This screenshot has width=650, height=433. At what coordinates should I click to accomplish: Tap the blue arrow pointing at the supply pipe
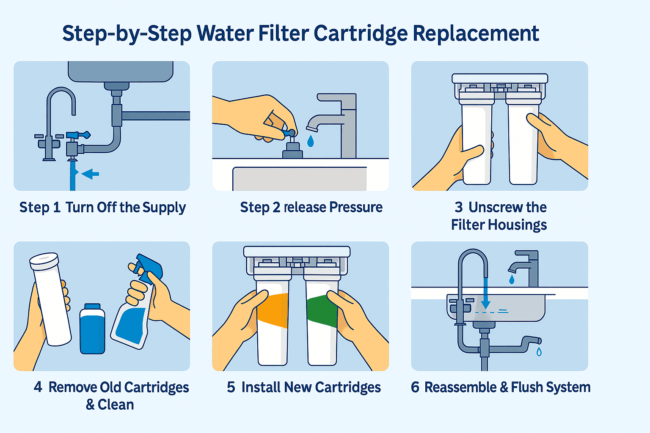tap(91, 173)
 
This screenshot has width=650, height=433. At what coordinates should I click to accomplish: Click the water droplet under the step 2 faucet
tap(311, 141)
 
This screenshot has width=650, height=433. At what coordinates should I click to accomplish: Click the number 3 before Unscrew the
tap(458, 207)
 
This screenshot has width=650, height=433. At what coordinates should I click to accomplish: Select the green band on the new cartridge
tap(322, 311)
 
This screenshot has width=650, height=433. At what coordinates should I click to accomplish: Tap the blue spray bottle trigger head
tap(148, 266)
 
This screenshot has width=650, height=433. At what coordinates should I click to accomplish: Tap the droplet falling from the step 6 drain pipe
tap(539, 351)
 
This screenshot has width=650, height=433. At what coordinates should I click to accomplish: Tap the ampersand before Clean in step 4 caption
tap(90, 405)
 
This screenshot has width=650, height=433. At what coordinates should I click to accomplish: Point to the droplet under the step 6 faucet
tap(512, 279)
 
